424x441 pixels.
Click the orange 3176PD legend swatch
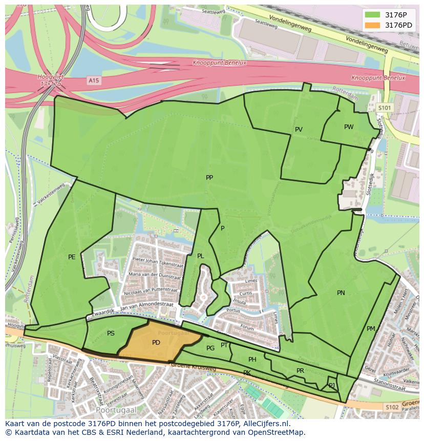[373, 25]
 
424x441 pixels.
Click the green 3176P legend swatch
[373, 15]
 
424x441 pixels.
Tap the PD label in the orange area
[156, 342]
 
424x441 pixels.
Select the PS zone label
[111, 333]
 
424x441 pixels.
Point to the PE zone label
[72, 257]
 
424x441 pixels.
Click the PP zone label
[209, 178]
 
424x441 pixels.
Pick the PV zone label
[299, 130]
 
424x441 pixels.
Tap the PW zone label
[349, 127]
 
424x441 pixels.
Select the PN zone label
[341, 293]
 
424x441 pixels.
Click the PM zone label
[371, 329]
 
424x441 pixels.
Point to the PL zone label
[200, 256]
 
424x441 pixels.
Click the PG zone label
[210, 348]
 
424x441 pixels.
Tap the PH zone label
[252, 360]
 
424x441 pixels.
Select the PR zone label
[300, 371]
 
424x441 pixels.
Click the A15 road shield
[93, 80]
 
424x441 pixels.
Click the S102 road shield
[392, 407]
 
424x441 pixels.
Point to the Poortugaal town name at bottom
[113, 411]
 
